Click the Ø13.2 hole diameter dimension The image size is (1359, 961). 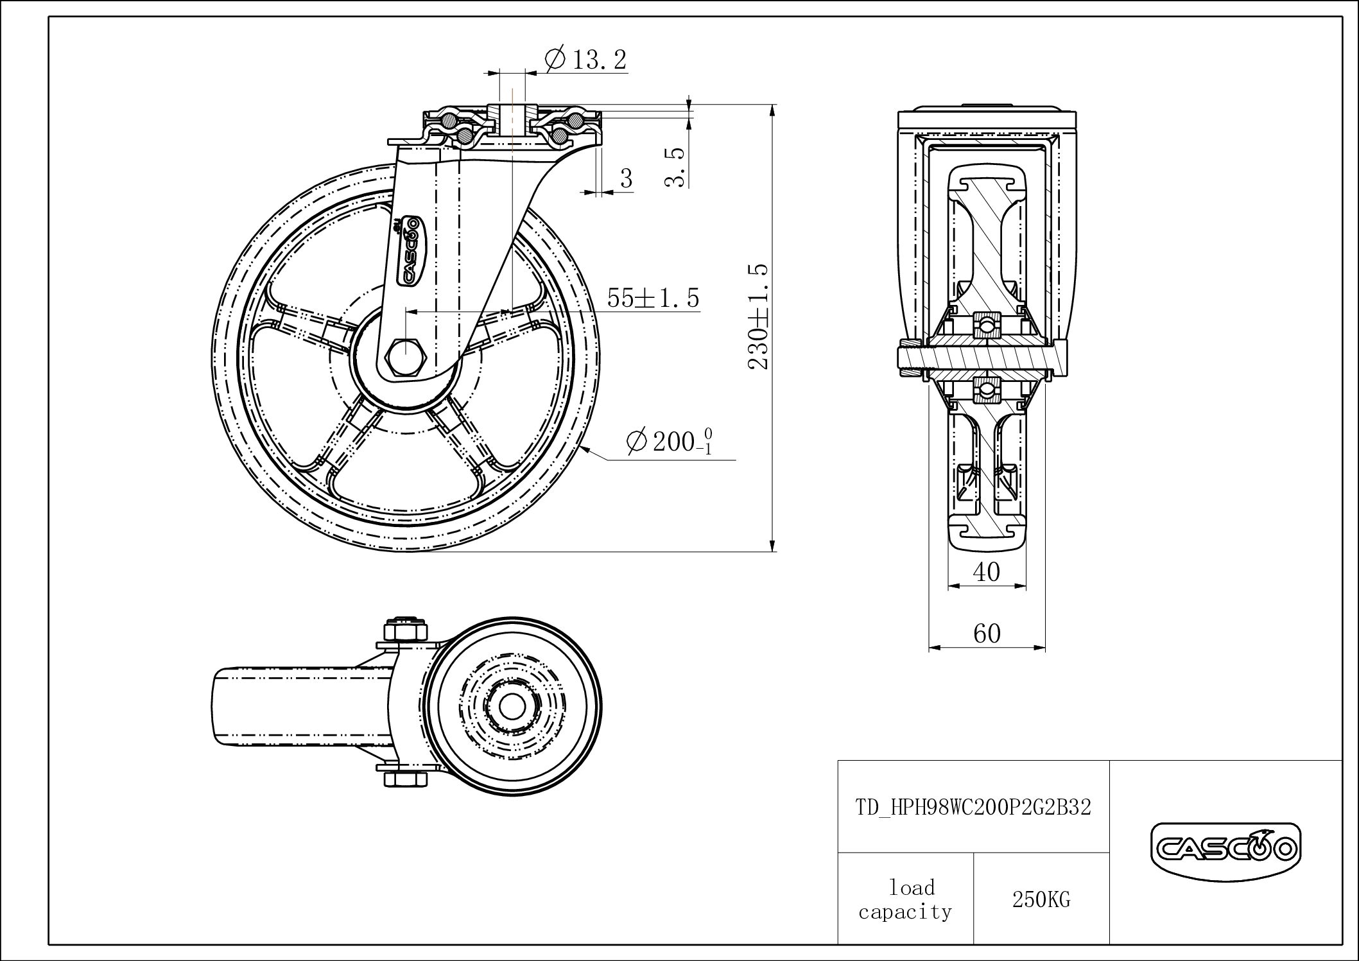point(585,60)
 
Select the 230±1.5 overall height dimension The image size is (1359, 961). point(759,316)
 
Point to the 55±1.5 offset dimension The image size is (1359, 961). point(653,298)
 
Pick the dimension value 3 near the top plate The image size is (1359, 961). point(626,178)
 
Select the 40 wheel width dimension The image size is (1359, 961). point(987,571)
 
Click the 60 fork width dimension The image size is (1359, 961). point(987,634)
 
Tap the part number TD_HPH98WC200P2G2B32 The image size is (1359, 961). point(973,807)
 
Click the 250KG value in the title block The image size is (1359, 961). point(1041,899)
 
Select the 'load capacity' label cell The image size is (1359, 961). point(906,899)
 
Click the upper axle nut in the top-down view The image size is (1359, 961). point(406,630)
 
